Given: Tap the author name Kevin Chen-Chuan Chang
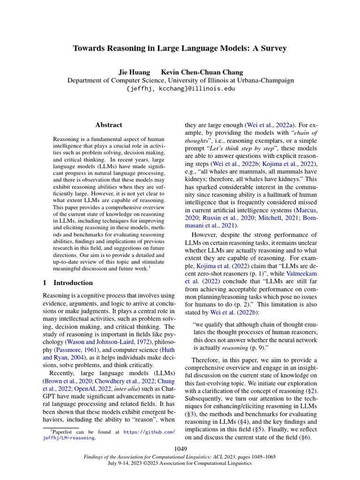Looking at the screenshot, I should pyautogui.click(x=202, y=72).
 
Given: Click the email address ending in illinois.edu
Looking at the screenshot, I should pyautogui.click(x=180, y=88).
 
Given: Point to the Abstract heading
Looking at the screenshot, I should pyautogui.click(x=109, y=125).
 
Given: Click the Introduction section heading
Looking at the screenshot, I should pyautogui.click(x=73, y=283).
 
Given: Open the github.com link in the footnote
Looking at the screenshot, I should pyautogui.click(x=150, y=432).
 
